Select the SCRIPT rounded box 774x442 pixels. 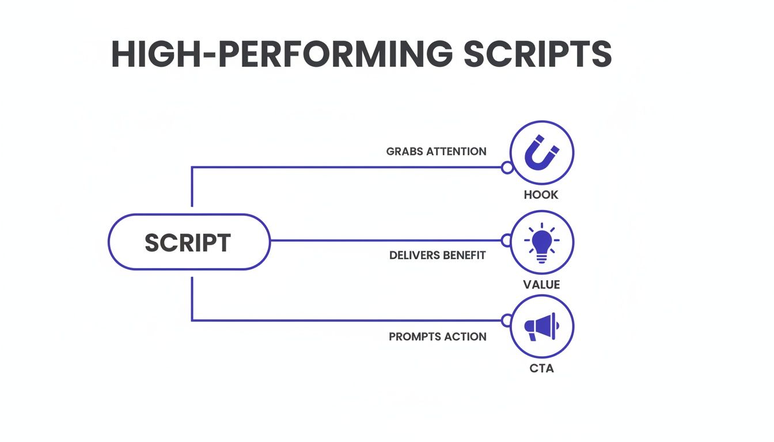click(188, 242)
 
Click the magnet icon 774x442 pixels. click(542, 153)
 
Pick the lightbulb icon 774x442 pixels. click(542, 242)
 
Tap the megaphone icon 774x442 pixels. click(542, 326)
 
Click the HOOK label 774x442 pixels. click(541, 195)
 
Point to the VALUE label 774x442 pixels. click(541, 284)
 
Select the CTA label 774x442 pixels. click(541, 368)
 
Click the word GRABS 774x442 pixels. click(404, 151)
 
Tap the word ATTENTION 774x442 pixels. click(456, 151)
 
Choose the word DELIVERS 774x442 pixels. click(413, 255)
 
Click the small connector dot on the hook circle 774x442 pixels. click(507, 167)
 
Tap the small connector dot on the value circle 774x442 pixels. click(507, 241)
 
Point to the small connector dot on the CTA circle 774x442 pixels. click(507, 320)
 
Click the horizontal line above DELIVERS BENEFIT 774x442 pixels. click(386, 241)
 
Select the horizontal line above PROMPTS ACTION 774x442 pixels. click(346, 320)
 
